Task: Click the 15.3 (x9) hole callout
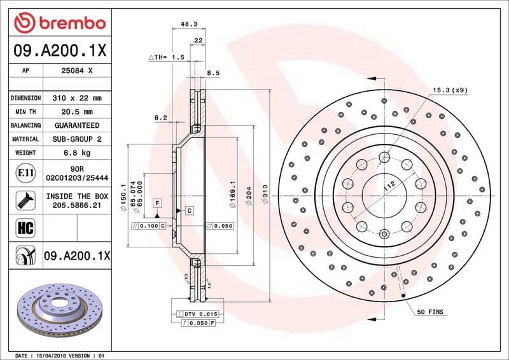(x=450, y=90)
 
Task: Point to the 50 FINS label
(x=430, y=312)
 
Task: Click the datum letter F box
(x=156, y=202)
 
